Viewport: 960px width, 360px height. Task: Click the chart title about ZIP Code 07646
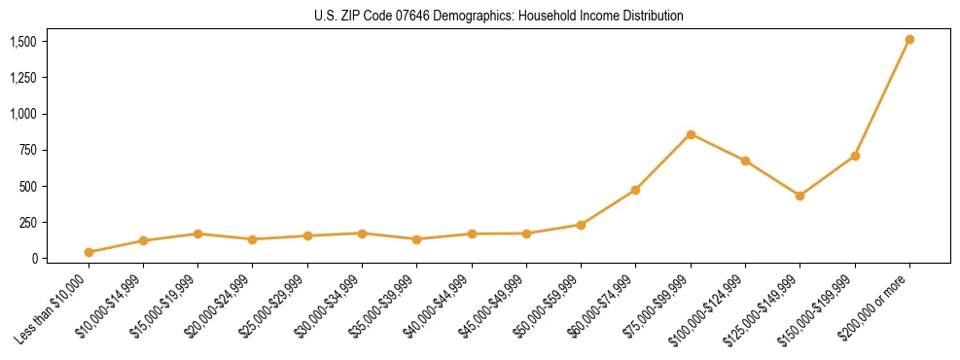point(499,17)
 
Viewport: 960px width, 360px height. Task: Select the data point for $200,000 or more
point(909,40)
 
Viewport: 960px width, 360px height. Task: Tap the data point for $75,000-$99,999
point(691,134)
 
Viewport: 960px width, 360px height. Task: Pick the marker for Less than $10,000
point(89,252)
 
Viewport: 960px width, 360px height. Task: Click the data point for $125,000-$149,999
point(800,196)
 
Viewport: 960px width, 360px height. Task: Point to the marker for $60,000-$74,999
point(635,190)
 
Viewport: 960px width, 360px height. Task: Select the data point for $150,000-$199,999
point(855,156)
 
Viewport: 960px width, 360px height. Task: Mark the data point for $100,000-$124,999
point(745,161)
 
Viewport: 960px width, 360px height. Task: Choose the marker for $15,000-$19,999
point(197,234)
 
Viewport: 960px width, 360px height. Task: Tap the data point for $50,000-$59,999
point(581,225)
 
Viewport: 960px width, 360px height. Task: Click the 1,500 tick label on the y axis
point(23,42)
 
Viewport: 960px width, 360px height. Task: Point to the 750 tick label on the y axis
point(29,150)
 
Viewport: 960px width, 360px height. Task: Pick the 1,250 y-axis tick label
point(23,78)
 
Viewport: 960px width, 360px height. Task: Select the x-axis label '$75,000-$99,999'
point(658,306)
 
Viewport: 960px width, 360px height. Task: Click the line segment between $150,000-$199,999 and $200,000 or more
point(882,97)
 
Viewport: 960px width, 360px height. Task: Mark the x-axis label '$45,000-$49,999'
point(495,306)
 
